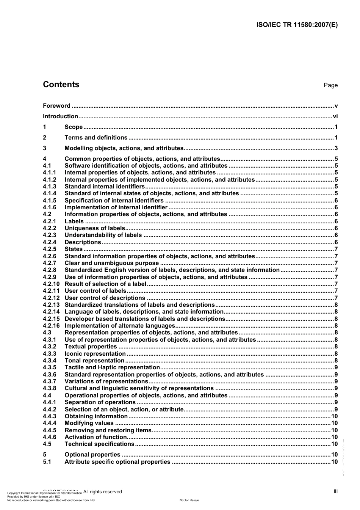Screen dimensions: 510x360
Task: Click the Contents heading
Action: coord(61,85)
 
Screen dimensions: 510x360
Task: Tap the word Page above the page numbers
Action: coord(330,85)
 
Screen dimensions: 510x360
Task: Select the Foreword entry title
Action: coord(56,106)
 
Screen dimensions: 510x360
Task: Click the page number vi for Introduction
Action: coord(335,116)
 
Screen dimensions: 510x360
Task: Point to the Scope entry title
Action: coord(74,127)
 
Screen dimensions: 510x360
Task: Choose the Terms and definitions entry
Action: coord(96,138)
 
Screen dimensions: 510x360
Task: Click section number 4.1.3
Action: coord(49,187)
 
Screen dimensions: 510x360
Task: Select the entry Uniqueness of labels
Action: coord(95,228)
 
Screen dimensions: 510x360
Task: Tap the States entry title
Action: coord(74,249)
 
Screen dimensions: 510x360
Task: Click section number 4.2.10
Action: coord(51,284)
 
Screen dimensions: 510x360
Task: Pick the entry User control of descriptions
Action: coord(105,298)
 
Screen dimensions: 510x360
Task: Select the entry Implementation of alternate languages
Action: coord(120,326)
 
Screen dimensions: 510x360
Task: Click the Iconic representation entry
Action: coord(95,354)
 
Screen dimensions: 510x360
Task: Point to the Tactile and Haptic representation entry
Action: coord(112,367)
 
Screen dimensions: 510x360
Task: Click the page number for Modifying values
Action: coord(334,423)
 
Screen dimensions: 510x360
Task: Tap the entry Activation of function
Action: coord(95,437)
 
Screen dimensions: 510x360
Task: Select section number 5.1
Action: coord(47,462)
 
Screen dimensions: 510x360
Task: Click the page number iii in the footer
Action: coord(335,491)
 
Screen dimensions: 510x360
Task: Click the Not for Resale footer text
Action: coord(189,500)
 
